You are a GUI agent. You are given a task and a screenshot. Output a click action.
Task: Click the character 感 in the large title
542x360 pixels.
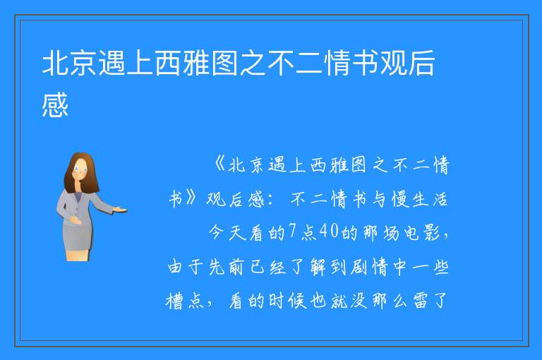pos(55,104)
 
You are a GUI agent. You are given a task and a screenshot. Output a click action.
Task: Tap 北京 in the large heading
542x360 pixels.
pos(69,63)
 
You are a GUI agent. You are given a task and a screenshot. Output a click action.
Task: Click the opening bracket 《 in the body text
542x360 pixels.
pos(219,164)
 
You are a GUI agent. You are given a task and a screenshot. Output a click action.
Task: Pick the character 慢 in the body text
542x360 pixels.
pos(400,199)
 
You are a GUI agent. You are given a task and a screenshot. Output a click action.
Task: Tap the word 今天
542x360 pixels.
pos(227,232)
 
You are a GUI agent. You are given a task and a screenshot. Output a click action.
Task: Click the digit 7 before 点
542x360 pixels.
pos(293,232)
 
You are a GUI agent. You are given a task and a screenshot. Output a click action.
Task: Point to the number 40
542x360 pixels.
pos(328,232)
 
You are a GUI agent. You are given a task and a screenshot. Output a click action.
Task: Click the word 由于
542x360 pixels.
pos(186,267)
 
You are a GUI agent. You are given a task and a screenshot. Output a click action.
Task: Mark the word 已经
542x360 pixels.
pos(268,267)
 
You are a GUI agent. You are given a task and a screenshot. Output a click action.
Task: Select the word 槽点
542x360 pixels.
pos(185,301)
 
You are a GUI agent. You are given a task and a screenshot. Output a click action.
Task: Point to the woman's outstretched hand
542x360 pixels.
pos(120,209)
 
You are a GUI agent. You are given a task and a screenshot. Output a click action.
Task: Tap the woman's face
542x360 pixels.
pos(81,170)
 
